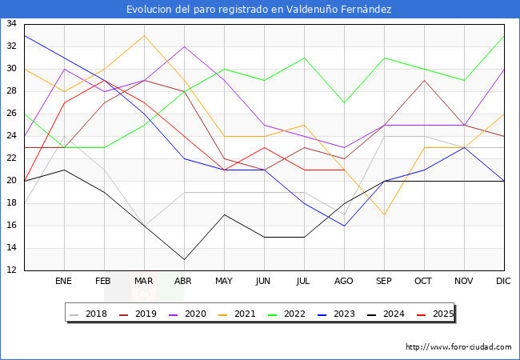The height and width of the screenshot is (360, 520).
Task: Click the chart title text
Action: pyautogui.click(x=259, y=10)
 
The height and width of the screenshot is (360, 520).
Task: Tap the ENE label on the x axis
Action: pyautogui.click(x=64, y=282)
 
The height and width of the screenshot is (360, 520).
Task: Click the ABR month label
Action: pyautogui.click(x=184, y=282)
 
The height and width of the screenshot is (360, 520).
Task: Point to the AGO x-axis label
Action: pyautogui.click(x=345, y=282)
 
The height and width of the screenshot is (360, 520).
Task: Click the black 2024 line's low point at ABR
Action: pyautogui.click(x=184, y=259)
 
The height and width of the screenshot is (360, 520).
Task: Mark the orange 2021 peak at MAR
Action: pyautogui.click(x=144, y=35)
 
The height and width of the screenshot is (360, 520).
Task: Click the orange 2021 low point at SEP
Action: pyautogui.click(x=385, y=214)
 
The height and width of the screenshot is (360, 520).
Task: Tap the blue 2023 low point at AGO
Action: pyautogui.click(x=345, y=226)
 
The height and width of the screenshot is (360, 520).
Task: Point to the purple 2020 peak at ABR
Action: pyautogui.click(x=184, y=46)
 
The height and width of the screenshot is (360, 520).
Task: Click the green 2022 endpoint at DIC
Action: pyautogui.click(x=504, y=35)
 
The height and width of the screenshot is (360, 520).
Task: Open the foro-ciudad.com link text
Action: pyautogui.click(x=458, y=347)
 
